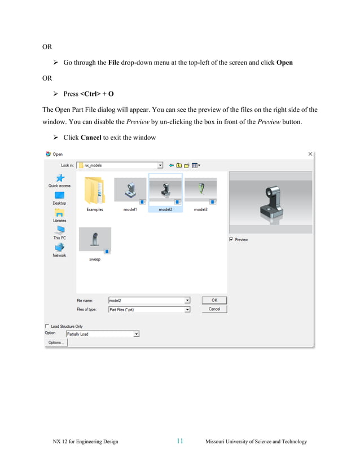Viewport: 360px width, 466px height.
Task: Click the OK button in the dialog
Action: tap(214, 300)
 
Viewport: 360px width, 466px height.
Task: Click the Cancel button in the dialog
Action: tap(214, 309)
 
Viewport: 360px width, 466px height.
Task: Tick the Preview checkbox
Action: tap(231, 240)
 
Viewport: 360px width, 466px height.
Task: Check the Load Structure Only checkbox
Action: tap(47, 326)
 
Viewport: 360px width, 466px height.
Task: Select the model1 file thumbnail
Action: tap(130, 190)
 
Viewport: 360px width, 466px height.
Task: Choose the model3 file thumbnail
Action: tap(200, 190)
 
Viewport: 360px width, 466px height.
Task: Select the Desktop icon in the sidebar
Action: tap(59, 196)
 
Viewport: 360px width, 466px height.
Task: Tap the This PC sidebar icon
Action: tap(59, 231)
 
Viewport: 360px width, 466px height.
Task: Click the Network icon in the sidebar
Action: tap(59, 248)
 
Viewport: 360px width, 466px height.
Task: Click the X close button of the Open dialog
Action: tap(310, 154)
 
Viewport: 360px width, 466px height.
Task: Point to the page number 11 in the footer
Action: tap(179, 441)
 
